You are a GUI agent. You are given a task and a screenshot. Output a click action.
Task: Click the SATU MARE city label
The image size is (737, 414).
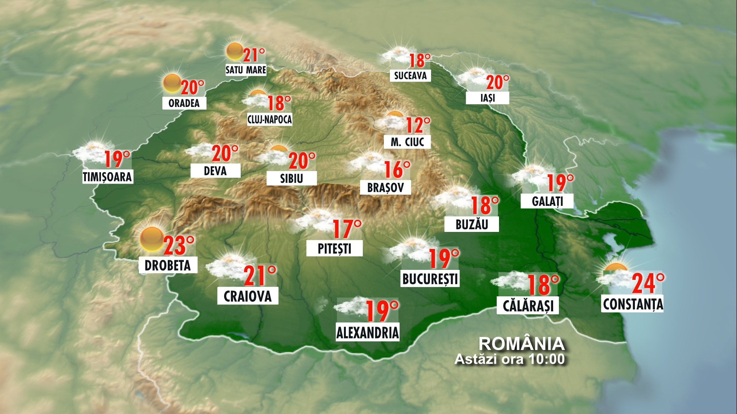(246, 70)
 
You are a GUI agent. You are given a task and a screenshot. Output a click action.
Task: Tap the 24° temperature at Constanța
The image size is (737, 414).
(648, 283)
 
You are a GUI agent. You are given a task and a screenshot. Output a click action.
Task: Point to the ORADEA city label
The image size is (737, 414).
(184, 103)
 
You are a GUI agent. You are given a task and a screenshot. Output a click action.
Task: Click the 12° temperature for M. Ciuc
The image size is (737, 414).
(418, 125)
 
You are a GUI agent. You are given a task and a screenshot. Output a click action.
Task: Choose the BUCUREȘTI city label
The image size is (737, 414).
(430, 279)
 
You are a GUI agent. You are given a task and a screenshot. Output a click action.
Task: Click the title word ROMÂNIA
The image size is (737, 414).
(522, 344)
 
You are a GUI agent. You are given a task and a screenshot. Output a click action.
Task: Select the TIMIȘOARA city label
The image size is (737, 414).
(107, 177)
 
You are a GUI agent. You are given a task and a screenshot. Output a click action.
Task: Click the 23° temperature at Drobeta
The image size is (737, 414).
(179, 246)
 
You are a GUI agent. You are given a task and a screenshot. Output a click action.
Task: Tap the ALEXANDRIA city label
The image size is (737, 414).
(368, 332)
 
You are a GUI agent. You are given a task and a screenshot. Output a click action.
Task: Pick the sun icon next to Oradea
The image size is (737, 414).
(172, 83)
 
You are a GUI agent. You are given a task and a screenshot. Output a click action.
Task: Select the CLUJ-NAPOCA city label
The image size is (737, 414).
(269, 120)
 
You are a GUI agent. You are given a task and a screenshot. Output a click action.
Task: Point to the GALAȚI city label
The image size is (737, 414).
(547, 201)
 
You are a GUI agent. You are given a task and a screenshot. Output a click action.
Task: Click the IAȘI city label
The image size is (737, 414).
(487, 98)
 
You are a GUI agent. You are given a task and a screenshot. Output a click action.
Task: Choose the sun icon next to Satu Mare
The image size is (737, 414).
(234, 51)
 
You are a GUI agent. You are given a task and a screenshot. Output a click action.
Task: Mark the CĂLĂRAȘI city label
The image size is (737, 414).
(528, 306)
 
